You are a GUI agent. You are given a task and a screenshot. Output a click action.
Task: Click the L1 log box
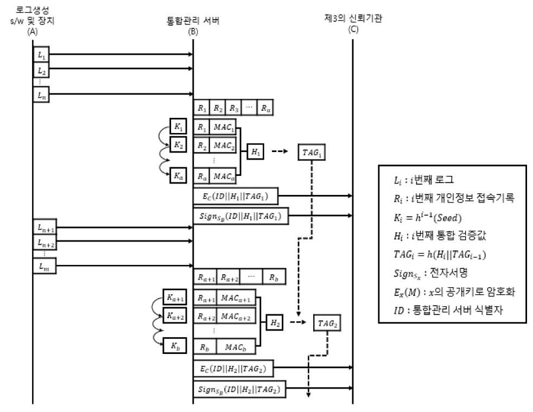click(41, 54)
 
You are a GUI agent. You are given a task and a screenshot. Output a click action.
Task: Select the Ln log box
click(41, 94)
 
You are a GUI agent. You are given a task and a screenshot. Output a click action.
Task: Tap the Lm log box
click(45, 266)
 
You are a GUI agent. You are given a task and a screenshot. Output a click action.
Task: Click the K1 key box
click(178, 126)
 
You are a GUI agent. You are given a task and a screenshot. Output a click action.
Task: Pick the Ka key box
click(178, 175)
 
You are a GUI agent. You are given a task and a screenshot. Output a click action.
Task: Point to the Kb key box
click(175, 346)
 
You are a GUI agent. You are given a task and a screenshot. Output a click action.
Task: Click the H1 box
click(255, 151)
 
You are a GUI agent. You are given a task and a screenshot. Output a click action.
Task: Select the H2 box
click(275, 322)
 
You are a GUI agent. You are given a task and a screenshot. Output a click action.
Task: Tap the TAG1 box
click(312, 153)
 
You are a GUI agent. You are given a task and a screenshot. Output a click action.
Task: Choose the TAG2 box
click(327, 323)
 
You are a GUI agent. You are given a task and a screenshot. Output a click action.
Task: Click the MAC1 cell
click(223, 127)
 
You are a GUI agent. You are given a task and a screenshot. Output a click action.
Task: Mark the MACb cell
click(236, 346)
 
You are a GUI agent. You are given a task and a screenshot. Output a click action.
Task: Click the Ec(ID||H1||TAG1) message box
click(236, 196)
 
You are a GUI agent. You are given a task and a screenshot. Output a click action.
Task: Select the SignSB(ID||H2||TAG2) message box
click(239, 389)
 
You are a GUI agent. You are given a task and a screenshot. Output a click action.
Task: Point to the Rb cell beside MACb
click(205, 346)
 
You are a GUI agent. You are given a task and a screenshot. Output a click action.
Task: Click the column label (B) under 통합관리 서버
click(193, 31)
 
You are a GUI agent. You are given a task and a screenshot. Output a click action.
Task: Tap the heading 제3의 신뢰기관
click(353, 18)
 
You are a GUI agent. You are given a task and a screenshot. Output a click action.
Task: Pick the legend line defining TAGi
click(440, 254)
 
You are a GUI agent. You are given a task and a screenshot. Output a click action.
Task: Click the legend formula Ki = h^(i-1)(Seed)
click(428, 217)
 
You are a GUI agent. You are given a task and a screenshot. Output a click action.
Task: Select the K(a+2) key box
click(175, 315)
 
